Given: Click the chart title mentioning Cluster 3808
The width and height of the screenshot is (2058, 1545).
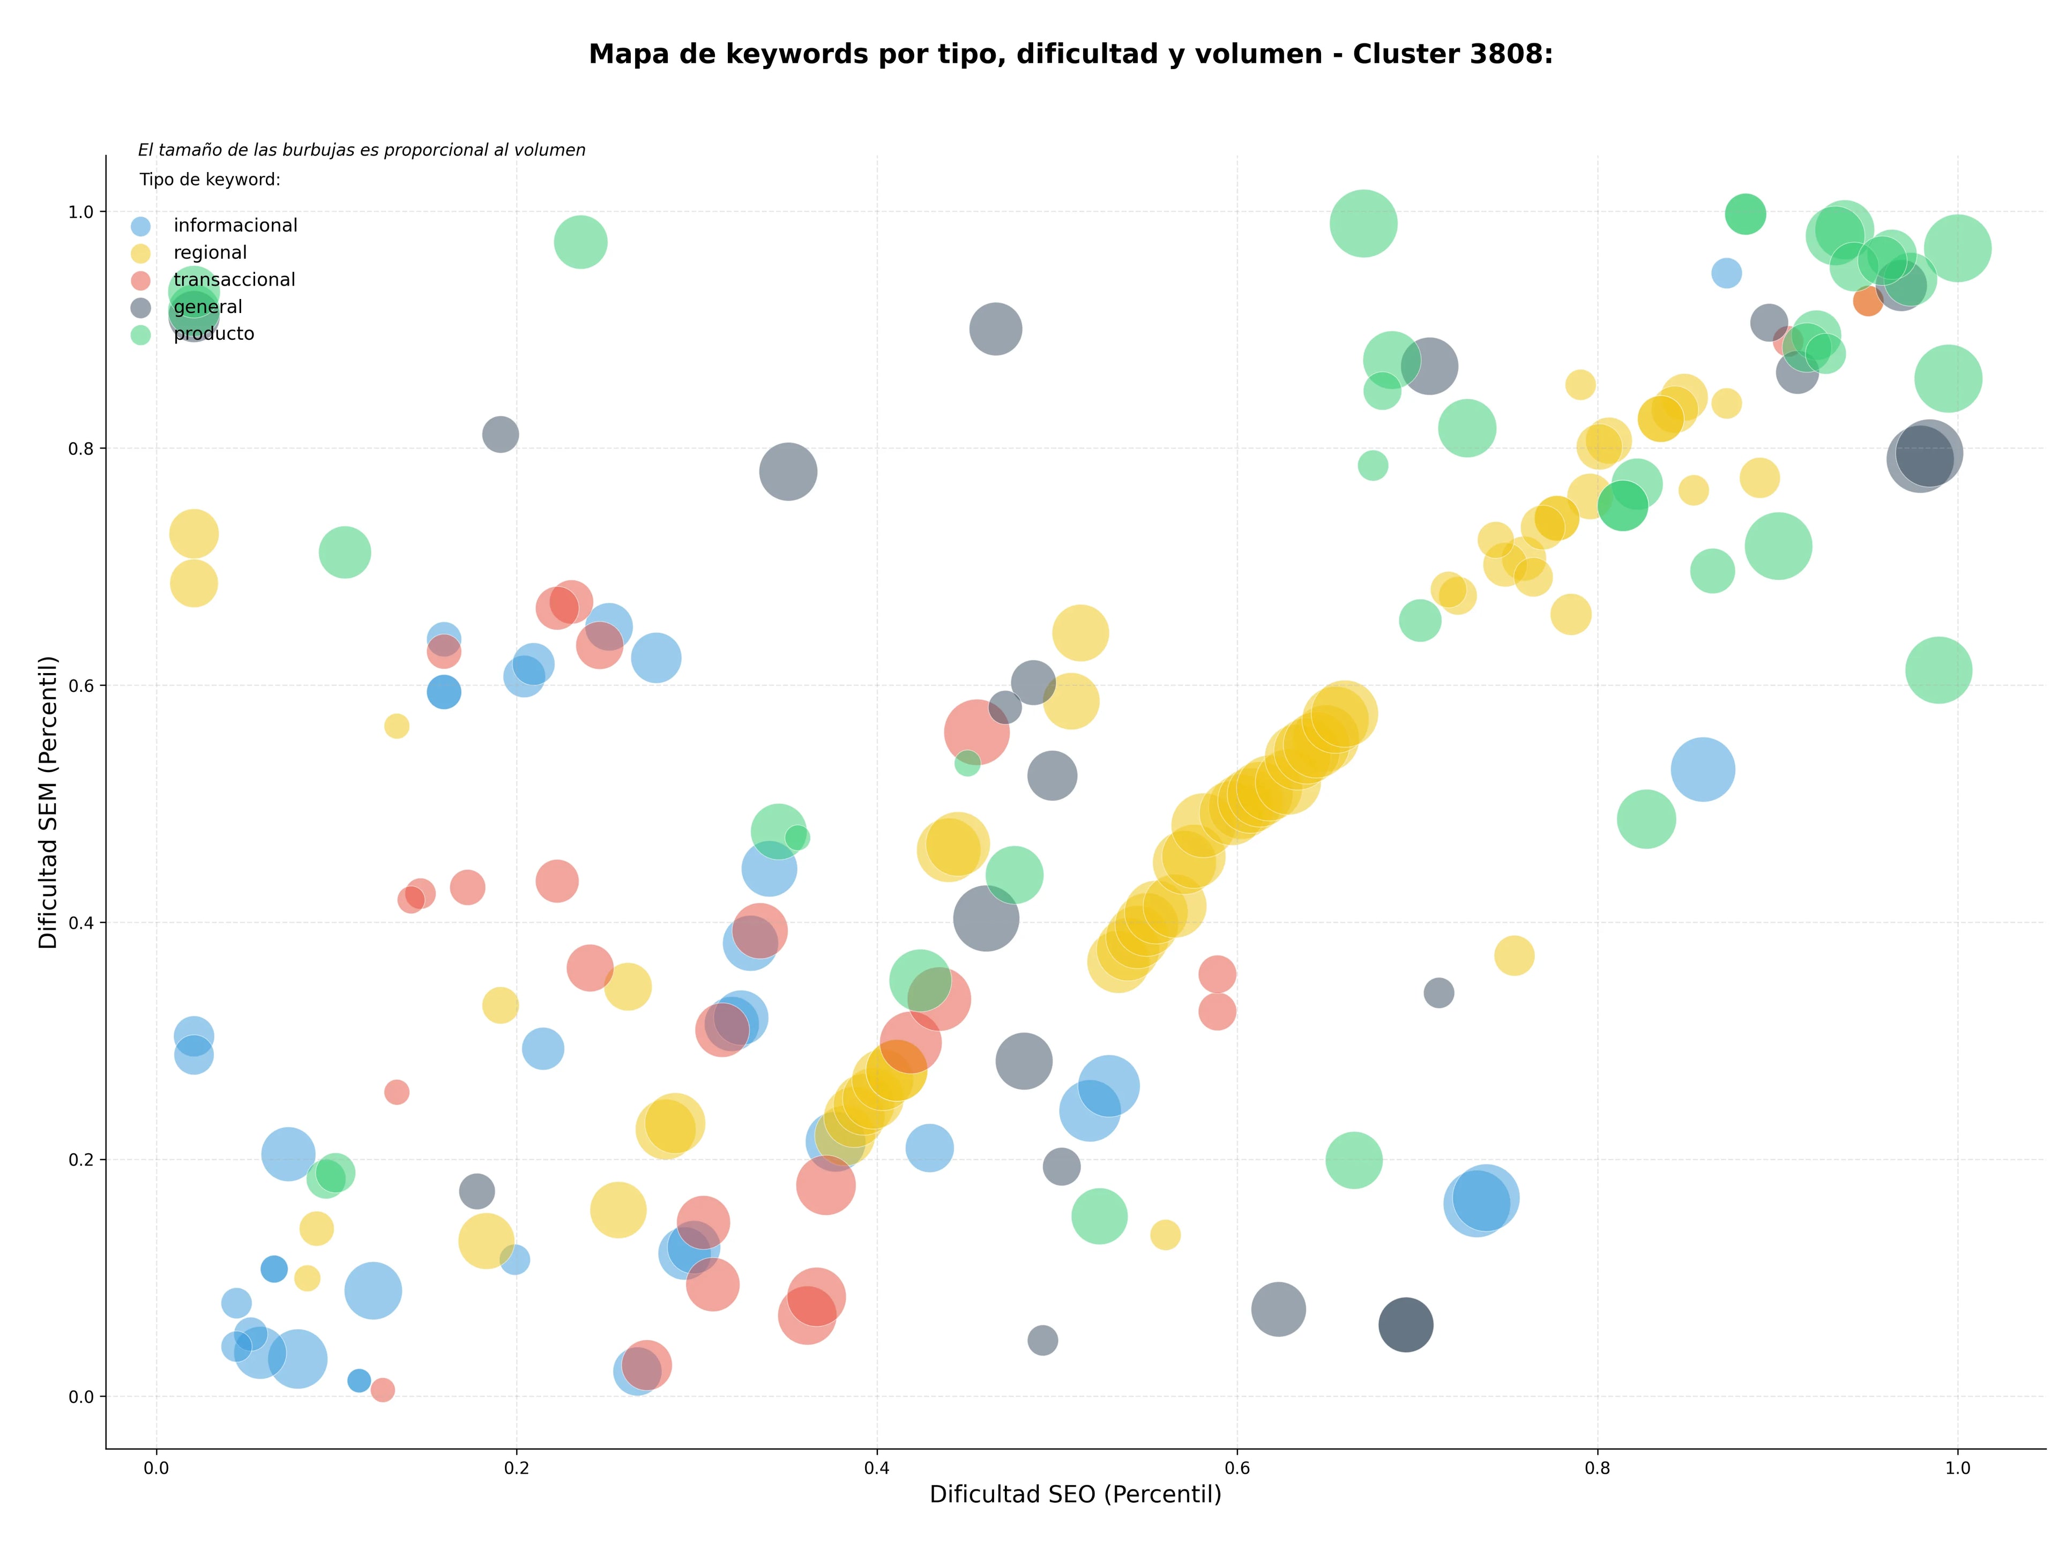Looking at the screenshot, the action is coord(1071,54).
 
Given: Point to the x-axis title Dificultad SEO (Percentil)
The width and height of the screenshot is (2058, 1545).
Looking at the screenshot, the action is coord(1076,1494).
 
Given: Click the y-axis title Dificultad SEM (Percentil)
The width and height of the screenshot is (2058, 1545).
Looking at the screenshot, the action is coord(48,802).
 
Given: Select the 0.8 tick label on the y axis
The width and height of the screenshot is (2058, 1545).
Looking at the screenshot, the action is coord(82,449).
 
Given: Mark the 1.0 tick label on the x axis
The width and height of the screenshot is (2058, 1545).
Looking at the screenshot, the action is coord(1958,1468).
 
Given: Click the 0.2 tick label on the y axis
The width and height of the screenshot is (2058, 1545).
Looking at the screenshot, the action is coord(82,1160).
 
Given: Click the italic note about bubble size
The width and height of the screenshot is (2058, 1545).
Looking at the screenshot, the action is coord(362,150).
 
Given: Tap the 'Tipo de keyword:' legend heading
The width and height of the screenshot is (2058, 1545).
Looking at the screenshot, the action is coord(210,180).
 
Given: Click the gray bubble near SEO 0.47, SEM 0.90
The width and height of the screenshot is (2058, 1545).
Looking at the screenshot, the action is coord(996,329).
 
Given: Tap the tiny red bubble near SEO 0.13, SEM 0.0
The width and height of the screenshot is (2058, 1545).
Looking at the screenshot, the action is coord(382,1390).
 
